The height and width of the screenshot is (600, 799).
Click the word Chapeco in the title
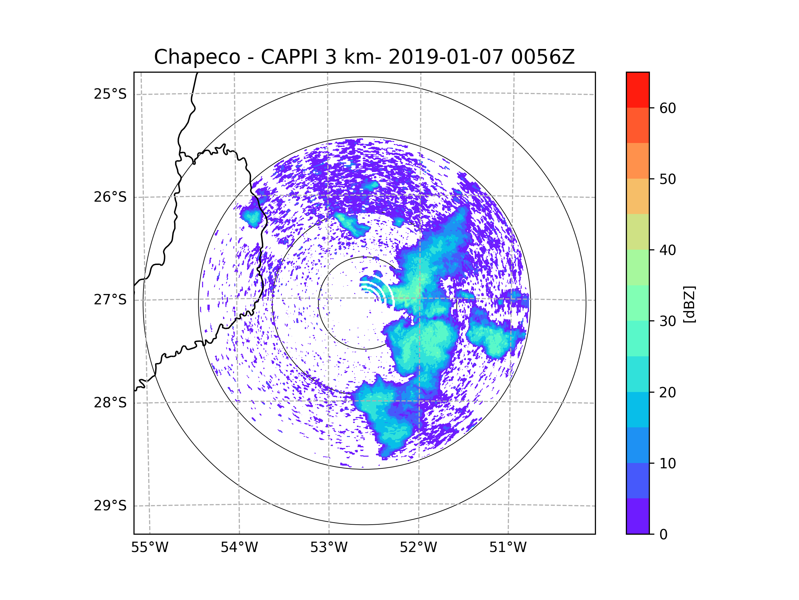(x=197, y=57)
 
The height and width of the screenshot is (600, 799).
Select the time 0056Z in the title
(x=542, y=57)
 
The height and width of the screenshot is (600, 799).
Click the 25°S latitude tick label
(x=110, y=94)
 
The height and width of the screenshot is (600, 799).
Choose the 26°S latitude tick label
(x=110, y=197)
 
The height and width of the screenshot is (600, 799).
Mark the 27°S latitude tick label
(x=110, y=300)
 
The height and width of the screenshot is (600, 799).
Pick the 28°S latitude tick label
(x=110, y=403)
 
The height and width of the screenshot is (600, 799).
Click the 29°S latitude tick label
(x=110, y=506)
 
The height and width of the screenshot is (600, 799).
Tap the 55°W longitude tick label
(x=149, y=548)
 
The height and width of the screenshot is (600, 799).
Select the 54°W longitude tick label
(x=239, y=548)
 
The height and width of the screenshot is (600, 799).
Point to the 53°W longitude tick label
(x=329, y=548)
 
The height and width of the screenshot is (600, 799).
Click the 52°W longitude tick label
(x=418, y=548)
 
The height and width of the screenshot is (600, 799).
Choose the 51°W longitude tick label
(x=508, y=548)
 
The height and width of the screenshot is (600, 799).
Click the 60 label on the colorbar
(x=667, y=108)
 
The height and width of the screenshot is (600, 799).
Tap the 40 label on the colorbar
(x=667, y=250)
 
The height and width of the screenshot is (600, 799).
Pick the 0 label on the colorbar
(x=664, y=535)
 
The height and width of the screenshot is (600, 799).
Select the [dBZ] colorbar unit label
(x=689, y=304)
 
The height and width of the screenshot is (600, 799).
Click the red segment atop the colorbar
(x=638, y=90)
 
